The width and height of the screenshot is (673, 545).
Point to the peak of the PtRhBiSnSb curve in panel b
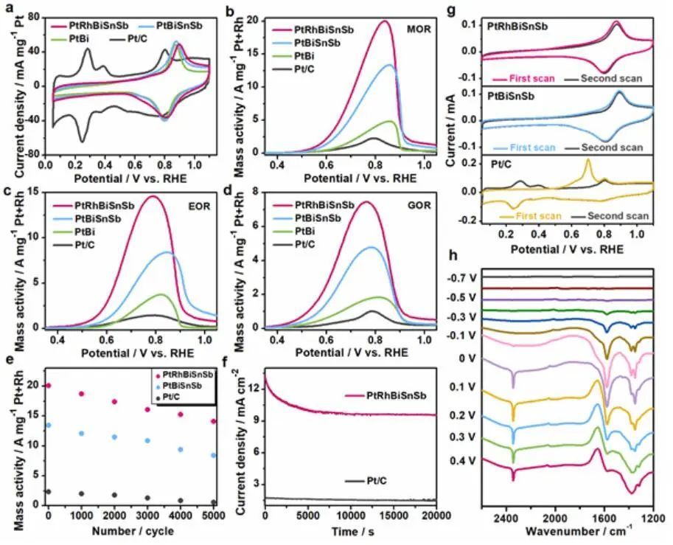[385, 21]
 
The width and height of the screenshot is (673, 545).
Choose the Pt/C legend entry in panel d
[309, 244]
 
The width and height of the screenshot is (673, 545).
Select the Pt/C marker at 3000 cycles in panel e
[148, 499]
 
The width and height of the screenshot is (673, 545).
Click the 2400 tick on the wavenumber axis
[506, 518]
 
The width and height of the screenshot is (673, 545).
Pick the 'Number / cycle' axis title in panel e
[132, 531]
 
